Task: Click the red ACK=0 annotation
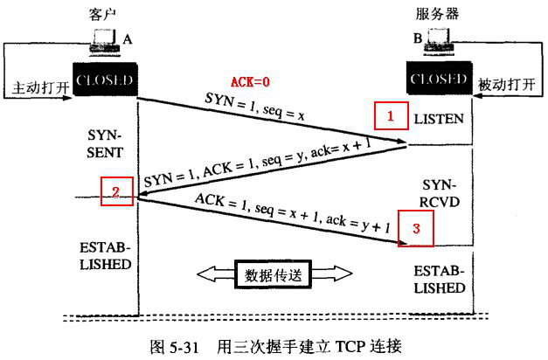click(x=250, y=83)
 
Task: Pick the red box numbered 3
click(x=416, y=230)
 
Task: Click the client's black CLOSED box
click(x=104, y=81)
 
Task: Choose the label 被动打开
click(x=504, y=86)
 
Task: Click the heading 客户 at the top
click(x=103, y=16)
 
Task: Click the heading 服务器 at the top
click(x=436, y=16)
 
